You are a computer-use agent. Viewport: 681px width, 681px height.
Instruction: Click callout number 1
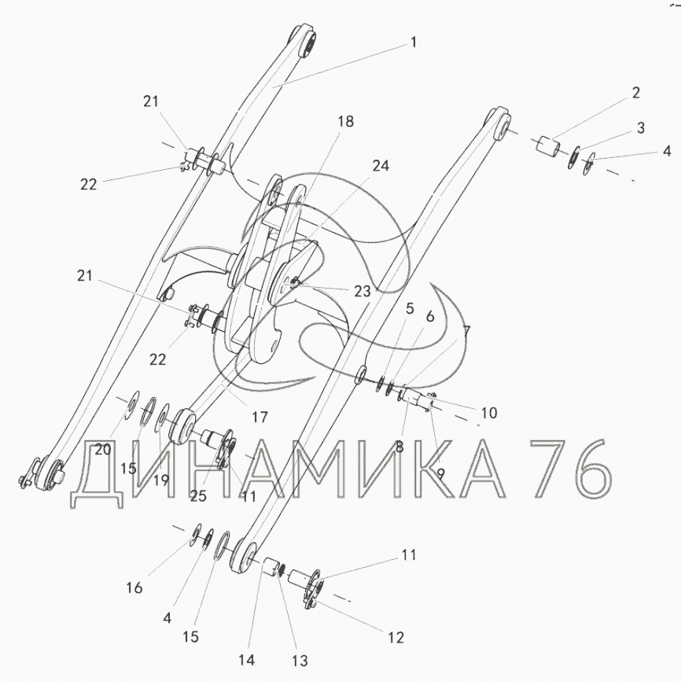(414, 42)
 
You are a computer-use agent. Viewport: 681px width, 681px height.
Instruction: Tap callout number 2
(636, 93)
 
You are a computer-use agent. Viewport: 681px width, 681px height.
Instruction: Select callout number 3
(641, 128)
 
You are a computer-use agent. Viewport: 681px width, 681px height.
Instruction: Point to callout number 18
(346, 122)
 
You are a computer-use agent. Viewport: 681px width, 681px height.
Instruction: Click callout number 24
(381, 166)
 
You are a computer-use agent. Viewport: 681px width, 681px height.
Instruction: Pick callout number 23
(363, 292)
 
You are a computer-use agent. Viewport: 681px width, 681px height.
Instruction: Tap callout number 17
(260, 418)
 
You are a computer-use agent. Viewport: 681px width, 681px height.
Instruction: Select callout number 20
(102, 450)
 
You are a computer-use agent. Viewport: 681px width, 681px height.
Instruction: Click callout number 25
(198, 496)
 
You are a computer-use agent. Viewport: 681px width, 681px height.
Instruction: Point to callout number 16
(134, 587)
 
